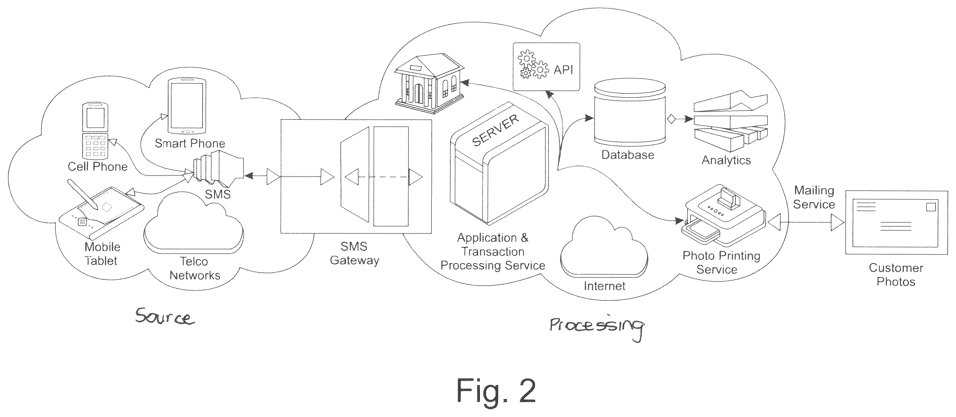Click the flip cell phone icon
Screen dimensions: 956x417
pos(95,131)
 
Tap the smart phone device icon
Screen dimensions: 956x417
pos(186,106)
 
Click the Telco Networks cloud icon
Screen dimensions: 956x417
pos(193,223)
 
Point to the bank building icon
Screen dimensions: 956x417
pos(429,83)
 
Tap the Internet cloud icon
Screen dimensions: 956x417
pos(604,247)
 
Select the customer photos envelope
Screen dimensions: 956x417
pos(896,222)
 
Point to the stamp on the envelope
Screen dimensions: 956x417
pos(930,206)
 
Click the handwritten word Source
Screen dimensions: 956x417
pos(164,316)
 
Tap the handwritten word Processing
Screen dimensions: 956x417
pos(596,326)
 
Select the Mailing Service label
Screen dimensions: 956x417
pos(814,197)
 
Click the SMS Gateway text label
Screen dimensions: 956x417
pos(354,253)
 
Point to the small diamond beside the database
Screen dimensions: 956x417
pos(671,119)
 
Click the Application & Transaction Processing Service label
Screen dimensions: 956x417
pos(493,251)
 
